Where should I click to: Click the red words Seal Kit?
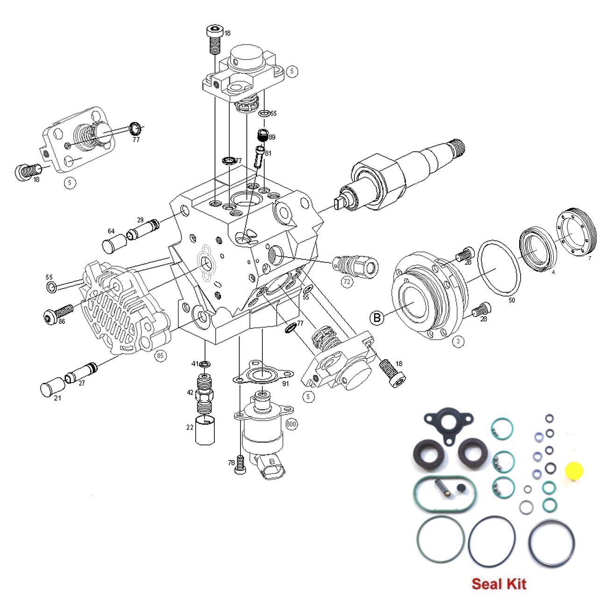499,584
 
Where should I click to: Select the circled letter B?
376,318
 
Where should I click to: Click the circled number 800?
292,424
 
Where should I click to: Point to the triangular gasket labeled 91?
263,374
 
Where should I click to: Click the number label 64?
111,231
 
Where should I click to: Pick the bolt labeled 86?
58,314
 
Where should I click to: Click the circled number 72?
346,282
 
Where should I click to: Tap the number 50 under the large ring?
511,300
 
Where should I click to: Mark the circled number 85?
160,356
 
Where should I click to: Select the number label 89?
272,137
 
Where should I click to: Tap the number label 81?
268,153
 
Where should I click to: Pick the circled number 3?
458,341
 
